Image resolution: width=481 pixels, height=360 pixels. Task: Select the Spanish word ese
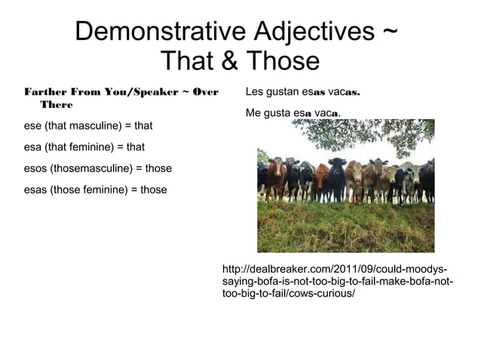click(33, 126)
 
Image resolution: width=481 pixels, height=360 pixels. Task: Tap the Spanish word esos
click(36, 168)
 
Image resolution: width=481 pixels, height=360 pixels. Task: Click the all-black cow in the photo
click(336, 178)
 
